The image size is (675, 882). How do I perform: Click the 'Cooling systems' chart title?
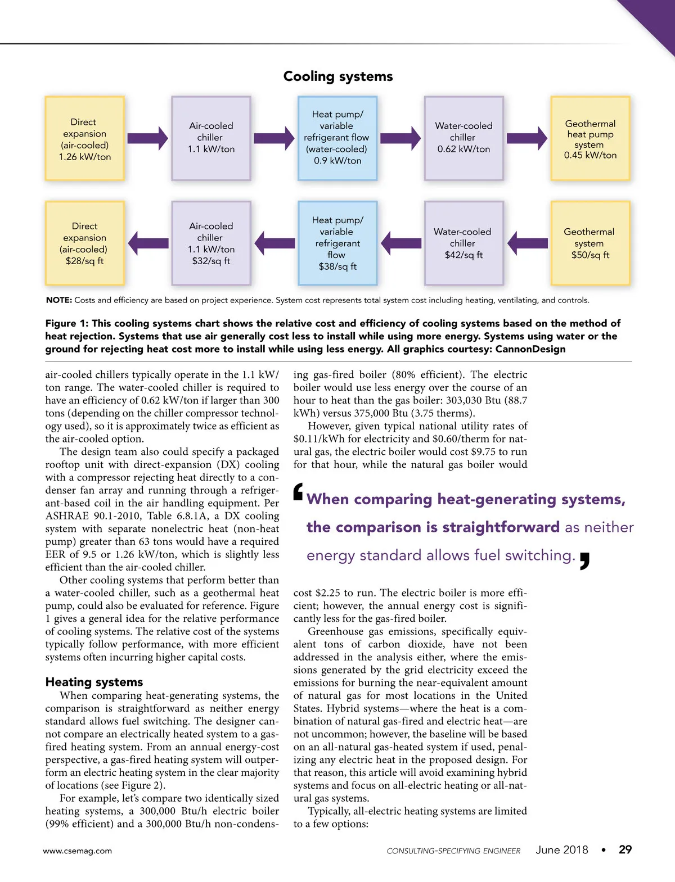pyautogui.click(x=337, y=76)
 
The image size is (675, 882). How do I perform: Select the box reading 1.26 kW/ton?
pyautogui.click(x=84, y=138)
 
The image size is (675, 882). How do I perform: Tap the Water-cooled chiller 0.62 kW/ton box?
pyautogui.click(x=463, y=138)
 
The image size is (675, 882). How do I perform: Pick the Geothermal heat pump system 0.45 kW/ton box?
pyautogui.click(x=590, y=138)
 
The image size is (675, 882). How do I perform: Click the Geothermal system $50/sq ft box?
pyautogui.click(x=590, y=243)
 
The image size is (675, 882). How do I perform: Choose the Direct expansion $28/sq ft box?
pyautogui.click(x=84, y=243)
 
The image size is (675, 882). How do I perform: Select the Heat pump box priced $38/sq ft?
pyautogui.click(x=337, y=243)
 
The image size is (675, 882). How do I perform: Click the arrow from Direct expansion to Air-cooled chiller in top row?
pyautogui.click(x=147, y=138)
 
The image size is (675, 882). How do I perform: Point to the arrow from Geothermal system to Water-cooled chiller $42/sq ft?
pyautogui.click(x=528, y=243)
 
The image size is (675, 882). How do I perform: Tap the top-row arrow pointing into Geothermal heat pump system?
pyautogui.click(x=527, y=138)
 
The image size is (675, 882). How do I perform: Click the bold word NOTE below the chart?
pyautogui.click(x=58, y=300)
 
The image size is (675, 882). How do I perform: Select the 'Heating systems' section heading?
pyautogui.click(x=94, y=682)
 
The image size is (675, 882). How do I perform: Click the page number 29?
pyautogui.click(x=625, y=850)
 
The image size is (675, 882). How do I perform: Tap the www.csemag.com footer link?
pyautogui.click(x=77, y=851)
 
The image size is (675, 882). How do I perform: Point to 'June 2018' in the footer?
pyautogui.click(x=561, y=850)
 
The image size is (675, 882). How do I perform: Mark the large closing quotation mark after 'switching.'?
pyautogui.click(x=584, y=561)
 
